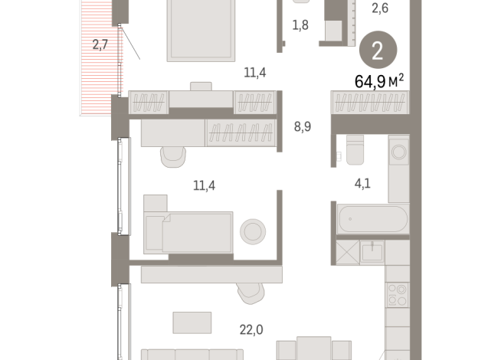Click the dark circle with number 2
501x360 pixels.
click(x=378, y=51)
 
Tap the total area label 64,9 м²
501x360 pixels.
click(x=378, y=80)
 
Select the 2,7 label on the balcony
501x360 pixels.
click(x=100, y=44)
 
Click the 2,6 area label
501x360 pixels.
click(x=380, y=9)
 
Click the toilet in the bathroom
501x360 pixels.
click(x=354, y=149)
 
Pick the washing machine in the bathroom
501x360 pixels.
click(x=399, y=152)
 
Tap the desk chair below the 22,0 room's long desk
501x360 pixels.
click(x=253, y=292)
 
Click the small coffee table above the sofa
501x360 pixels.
click(x=192, y=322)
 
